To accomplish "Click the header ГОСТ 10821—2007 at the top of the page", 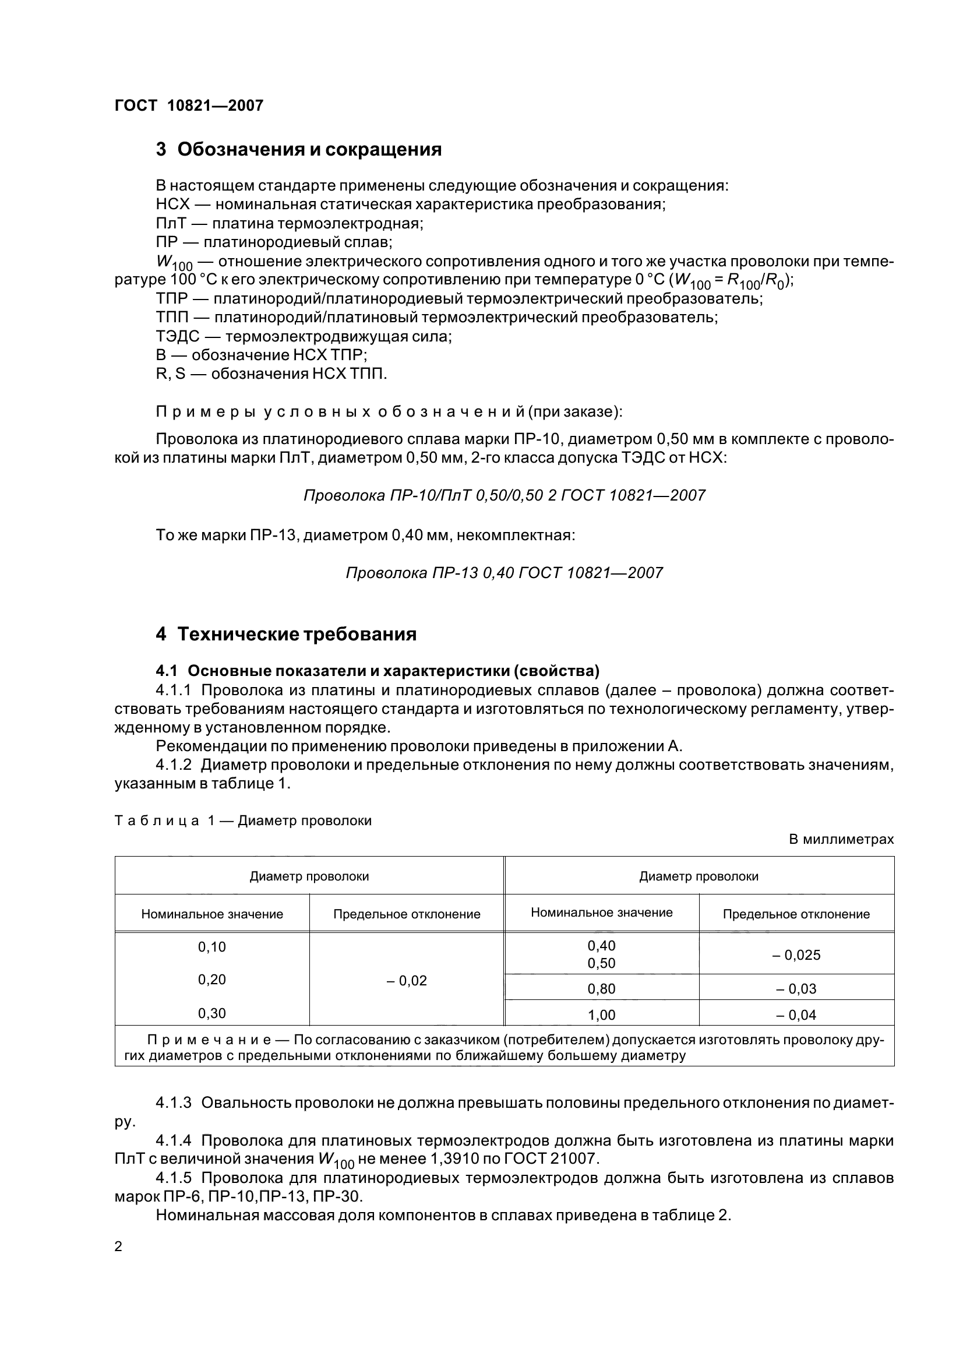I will (x=189, y=105).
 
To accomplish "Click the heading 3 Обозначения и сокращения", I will (x=298, y=149).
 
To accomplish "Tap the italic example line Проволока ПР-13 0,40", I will (x=504, y=573).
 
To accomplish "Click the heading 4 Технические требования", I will (x=286, y=634).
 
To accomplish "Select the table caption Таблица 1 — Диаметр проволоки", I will (x=243, y=820).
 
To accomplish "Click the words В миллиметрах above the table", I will (x=841, y=839).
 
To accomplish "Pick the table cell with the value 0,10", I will (x=212, y=947).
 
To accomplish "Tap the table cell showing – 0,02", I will (x=407, y=981).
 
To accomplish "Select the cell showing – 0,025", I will (x=796, y=955).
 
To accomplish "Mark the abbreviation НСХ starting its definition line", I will (x=172, y=205).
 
